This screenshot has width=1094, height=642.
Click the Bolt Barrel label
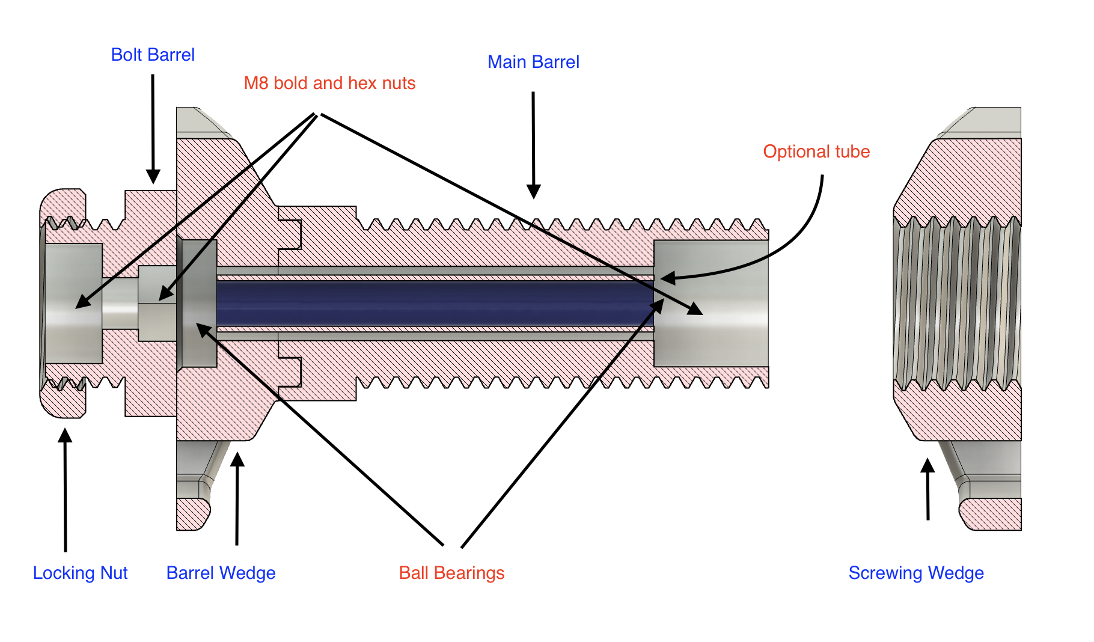(153, 55)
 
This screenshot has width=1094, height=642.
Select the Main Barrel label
(533, 62)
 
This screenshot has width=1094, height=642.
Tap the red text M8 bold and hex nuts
(329, 83)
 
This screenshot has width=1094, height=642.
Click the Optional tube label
(816, 151)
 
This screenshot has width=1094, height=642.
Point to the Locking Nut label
(80, 573)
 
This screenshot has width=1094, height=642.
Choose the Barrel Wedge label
(221, 573)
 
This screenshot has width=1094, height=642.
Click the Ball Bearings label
(451, 573)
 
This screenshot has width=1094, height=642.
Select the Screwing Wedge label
(916, 573)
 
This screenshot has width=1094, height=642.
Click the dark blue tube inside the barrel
(435, 304)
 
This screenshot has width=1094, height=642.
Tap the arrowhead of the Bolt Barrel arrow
(153, 176)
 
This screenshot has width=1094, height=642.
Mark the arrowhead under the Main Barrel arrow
(533, 191)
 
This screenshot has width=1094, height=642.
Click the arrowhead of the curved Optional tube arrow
(668, 278)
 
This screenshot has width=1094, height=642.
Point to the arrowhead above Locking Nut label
(65, 435)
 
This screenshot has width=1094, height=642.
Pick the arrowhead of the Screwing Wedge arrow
(928, 466)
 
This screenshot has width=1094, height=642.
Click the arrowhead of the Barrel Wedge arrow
(238, 459)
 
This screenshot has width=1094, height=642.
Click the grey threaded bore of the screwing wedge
(957, 304)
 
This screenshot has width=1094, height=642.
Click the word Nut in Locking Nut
(114, 573)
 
